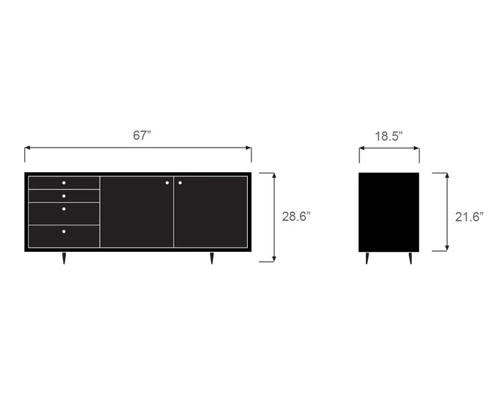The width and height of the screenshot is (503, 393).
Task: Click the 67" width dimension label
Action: coord(142,135)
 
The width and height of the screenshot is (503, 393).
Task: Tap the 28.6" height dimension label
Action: coord(295,217)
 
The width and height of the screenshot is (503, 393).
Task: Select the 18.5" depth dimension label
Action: coord(389,135)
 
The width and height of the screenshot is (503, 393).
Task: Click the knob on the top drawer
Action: coord(63,183)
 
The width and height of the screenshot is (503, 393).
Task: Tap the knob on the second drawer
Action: coord(63,196)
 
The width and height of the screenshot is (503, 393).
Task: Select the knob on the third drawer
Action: coord(63,209)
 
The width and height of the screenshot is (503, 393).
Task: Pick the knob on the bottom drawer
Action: coord(63,232)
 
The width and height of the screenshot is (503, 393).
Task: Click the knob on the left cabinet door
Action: coord(167,183)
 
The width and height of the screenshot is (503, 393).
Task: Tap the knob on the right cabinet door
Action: coord(180,183)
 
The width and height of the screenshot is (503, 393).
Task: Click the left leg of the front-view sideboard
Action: coord(63,258)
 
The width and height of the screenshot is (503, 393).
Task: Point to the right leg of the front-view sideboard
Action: coord(212,258)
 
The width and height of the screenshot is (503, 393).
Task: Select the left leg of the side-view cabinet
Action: coord(366,258)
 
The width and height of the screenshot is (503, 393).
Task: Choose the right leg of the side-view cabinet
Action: coord(411,258)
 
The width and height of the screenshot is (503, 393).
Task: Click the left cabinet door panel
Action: coord(137,216)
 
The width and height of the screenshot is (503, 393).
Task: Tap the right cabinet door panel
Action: coord(211,216)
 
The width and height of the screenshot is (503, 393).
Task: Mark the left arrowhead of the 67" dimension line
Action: coord(27,149)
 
